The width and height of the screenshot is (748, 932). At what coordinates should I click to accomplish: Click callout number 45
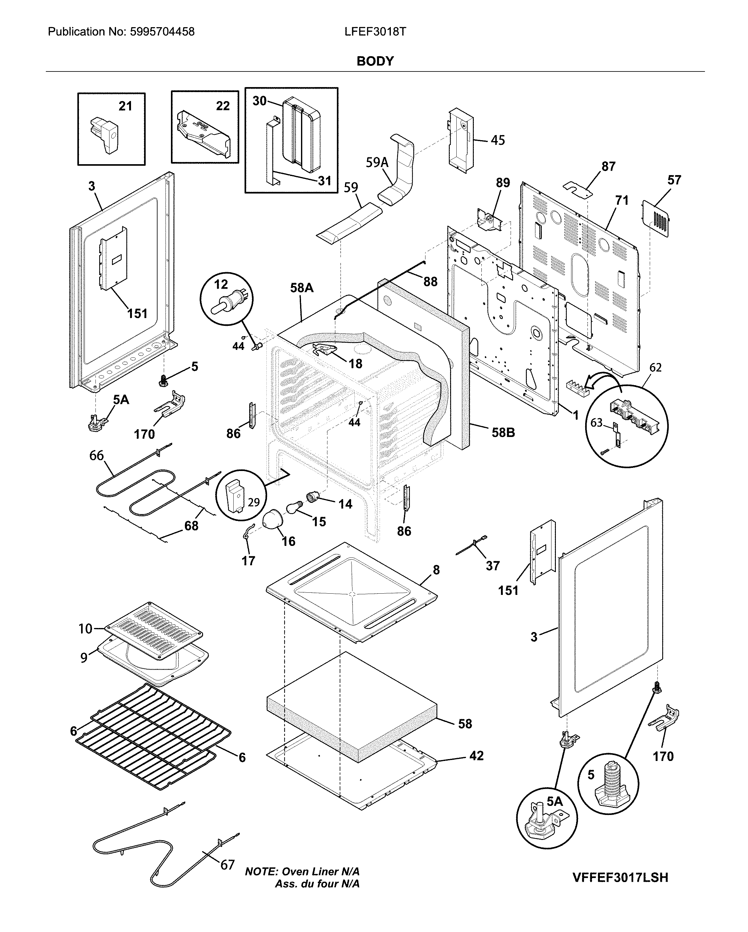pos(498,140)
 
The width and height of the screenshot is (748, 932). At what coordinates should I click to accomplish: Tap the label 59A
pos(377,163)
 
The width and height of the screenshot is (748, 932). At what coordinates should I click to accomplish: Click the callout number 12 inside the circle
pos(221,284)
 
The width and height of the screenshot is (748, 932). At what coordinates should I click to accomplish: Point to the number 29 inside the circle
pos(254,502)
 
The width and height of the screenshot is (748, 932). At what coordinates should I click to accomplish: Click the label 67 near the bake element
pos(227,865)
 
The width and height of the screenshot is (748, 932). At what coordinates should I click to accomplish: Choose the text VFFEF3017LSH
pos(620,877)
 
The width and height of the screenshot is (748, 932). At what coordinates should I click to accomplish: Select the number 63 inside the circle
pos(596,422)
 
